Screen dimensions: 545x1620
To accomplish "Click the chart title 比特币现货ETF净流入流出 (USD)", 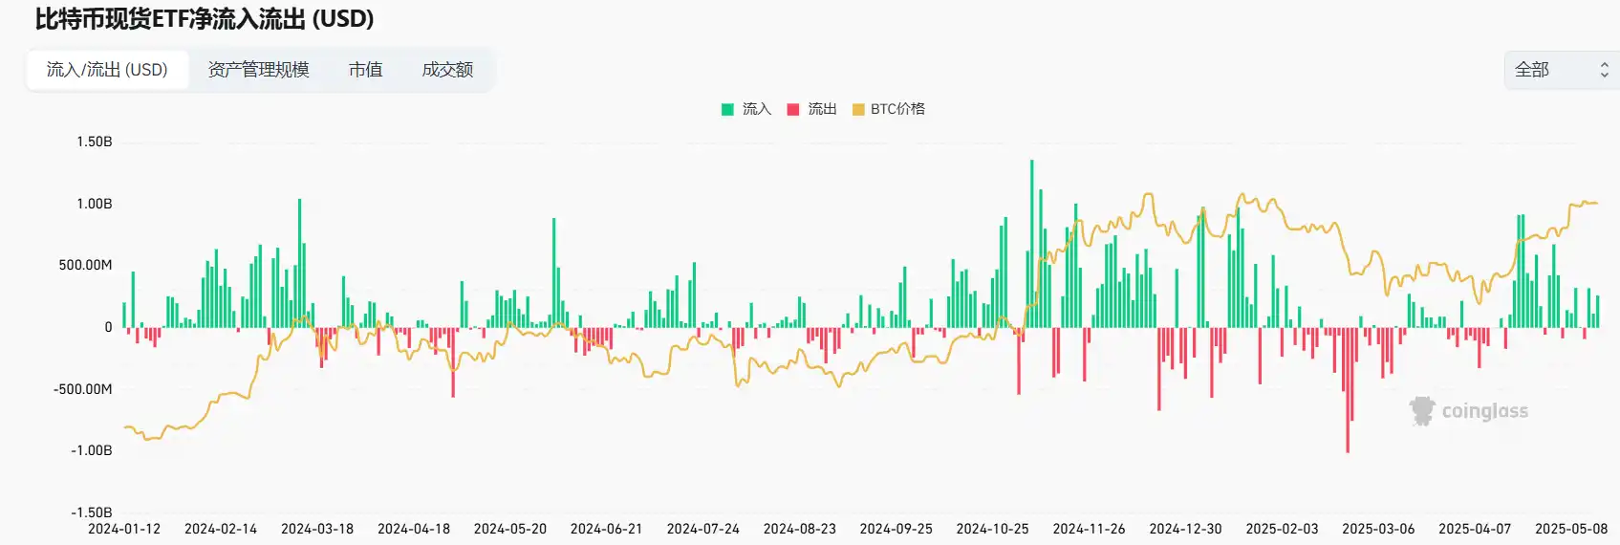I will point(205,19).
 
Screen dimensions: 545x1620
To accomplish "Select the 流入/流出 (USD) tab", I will point(107,70).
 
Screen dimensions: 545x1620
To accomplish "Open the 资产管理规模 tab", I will point(258,70).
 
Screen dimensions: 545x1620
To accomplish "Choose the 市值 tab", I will point(365,70).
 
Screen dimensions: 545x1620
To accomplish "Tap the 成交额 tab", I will point(447,70).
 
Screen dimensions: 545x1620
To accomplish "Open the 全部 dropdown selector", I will point(1561,70).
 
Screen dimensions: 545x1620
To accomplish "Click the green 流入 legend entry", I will point(746,109).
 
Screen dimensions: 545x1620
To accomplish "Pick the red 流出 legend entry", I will point(812,109).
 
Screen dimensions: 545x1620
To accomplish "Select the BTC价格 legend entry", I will point(889,109).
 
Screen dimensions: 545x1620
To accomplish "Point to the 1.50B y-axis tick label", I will point(95,142).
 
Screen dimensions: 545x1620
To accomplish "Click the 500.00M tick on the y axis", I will point(86,265).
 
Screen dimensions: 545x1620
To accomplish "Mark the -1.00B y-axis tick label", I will point(92,450).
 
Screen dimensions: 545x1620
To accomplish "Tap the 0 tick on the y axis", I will point(108,327).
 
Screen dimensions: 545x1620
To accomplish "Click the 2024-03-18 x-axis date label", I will point(317,529).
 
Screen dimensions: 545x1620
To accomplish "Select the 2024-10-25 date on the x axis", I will point(992,529).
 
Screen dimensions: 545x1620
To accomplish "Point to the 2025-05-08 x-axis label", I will point(1571,529).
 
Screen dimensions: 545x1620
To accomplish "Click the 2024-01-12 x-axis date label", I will point(124,529).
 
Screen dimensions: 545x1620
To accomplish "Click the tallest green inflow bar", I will point(1031,244).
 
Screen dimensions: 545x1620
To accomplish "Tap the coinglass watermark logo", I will point(1469,411).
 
